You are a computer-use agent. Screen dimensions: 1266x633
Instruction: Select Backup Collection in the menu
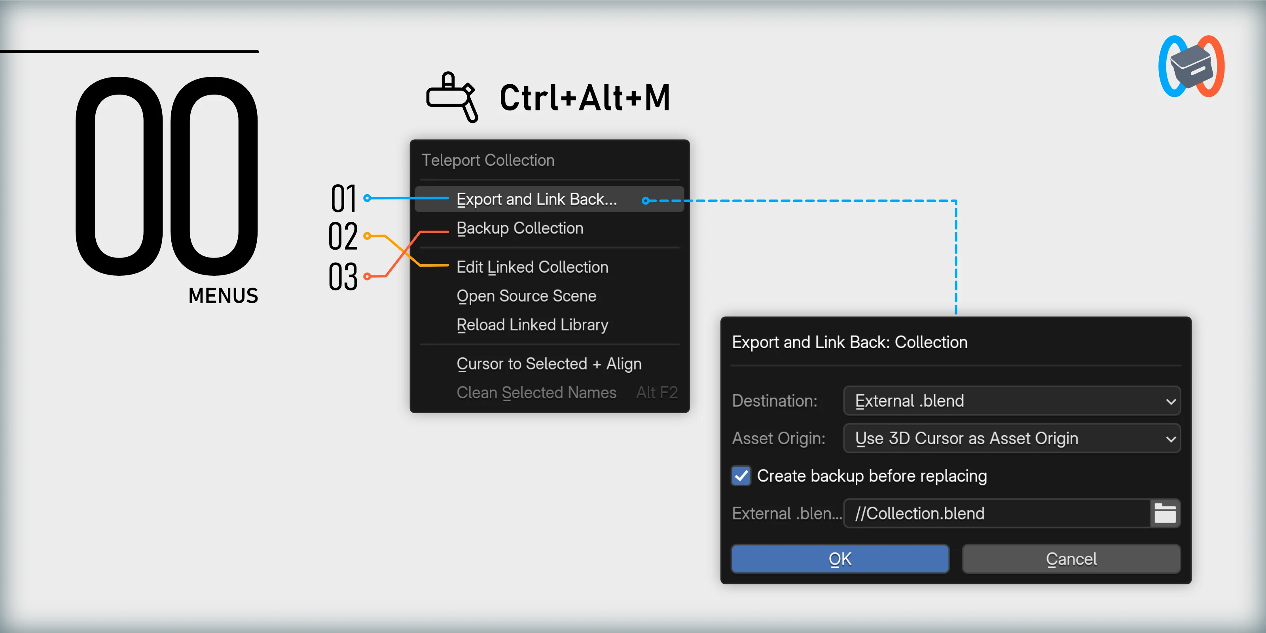point(519,228)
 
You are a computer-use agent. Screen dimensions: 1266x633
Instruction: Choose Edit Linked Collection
point(532,267)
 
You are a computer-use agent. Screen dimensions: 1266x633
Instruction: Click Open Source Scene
point(526,296)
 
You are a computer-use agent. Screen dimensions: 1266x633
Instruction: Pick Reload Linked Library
point(532,325)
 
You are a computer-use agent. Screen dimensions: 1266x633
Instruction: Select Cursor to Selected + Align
point(549,364)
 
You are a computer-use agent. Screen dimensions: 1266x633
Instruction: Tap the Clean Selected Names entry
point(536,393)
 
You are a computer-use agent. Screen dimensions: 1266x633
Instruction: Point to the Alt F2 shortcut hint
point(657,393)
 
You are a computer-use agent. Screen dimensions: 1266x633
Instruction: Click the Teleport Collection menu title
point(488,160)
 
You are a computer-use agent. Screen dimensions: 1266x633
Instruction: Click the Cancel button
point(1071,559)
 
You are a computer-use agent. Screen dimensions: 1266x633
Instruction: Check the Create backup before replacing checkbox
point(741,476)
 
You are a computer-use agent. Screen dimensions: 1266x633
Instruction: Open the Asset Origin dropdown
point(1012,438)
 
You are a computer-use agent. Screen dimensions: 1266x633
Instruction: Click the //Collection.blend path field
point(997,514)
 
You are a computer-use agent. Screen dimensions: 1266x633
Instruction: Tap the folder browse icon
point(1165,514)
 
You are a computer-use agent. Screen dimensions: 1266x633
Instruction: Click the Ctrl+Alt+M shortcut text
point(585,97)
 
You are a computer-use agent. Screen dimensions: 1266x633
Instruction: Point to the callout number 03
point(343,276)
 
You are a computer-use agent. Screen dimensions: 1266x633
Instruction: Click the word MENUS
point(223,296)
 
